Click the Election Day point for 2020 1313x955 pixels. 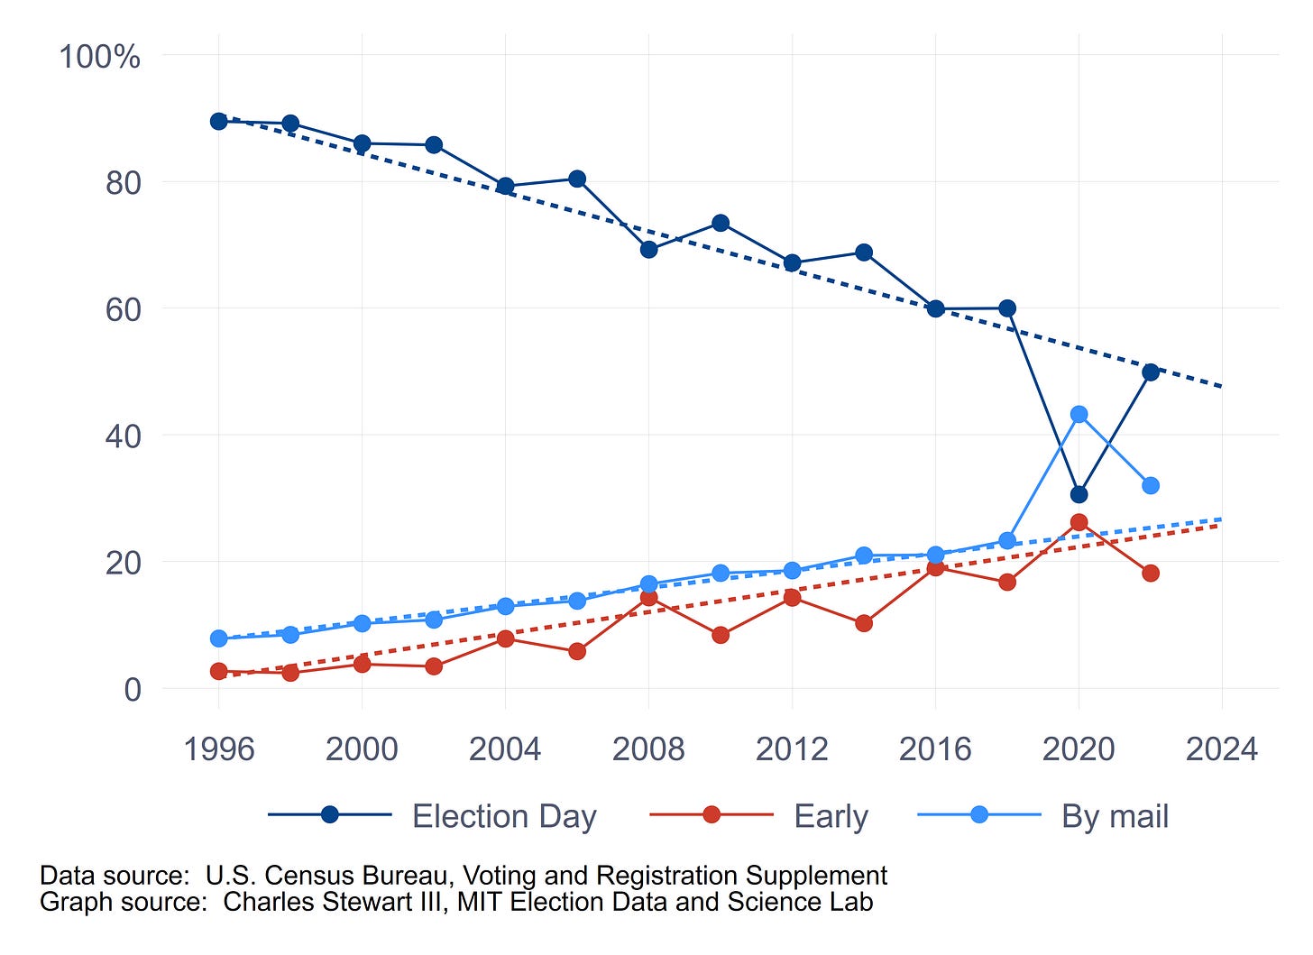coord(1079,494)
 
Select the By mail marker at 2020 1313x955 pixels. coord(1079,414)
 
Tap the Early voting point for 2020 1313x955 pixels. coord(1079,522)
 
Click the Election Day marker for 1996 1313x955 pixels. coord(218,121)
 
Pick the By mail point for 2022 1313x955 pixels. coord(1150,485)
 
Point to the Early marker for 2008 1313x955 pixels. coord(648,597)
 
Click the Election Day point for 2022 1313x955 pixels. coord(1150,372)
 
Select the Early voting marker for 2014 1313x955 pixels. coord(864,623)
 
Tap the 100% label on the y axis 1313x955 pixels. coord(99,57)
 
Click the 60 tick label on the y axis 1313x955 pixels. coord(123,309)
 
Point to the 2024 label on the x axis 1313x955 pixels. coord(1221,748)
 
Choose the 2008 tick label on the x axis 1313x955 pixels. coord(648,748)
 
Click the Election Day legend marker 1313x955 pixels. coord(330,815)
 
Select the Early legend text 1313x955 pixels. coord(831,816)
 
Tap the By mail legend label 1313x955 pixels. coord(1115,816)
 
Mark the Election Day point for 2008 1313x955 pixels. coord(648,249)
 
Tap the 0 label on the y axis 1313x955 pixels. coord(133,690)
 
